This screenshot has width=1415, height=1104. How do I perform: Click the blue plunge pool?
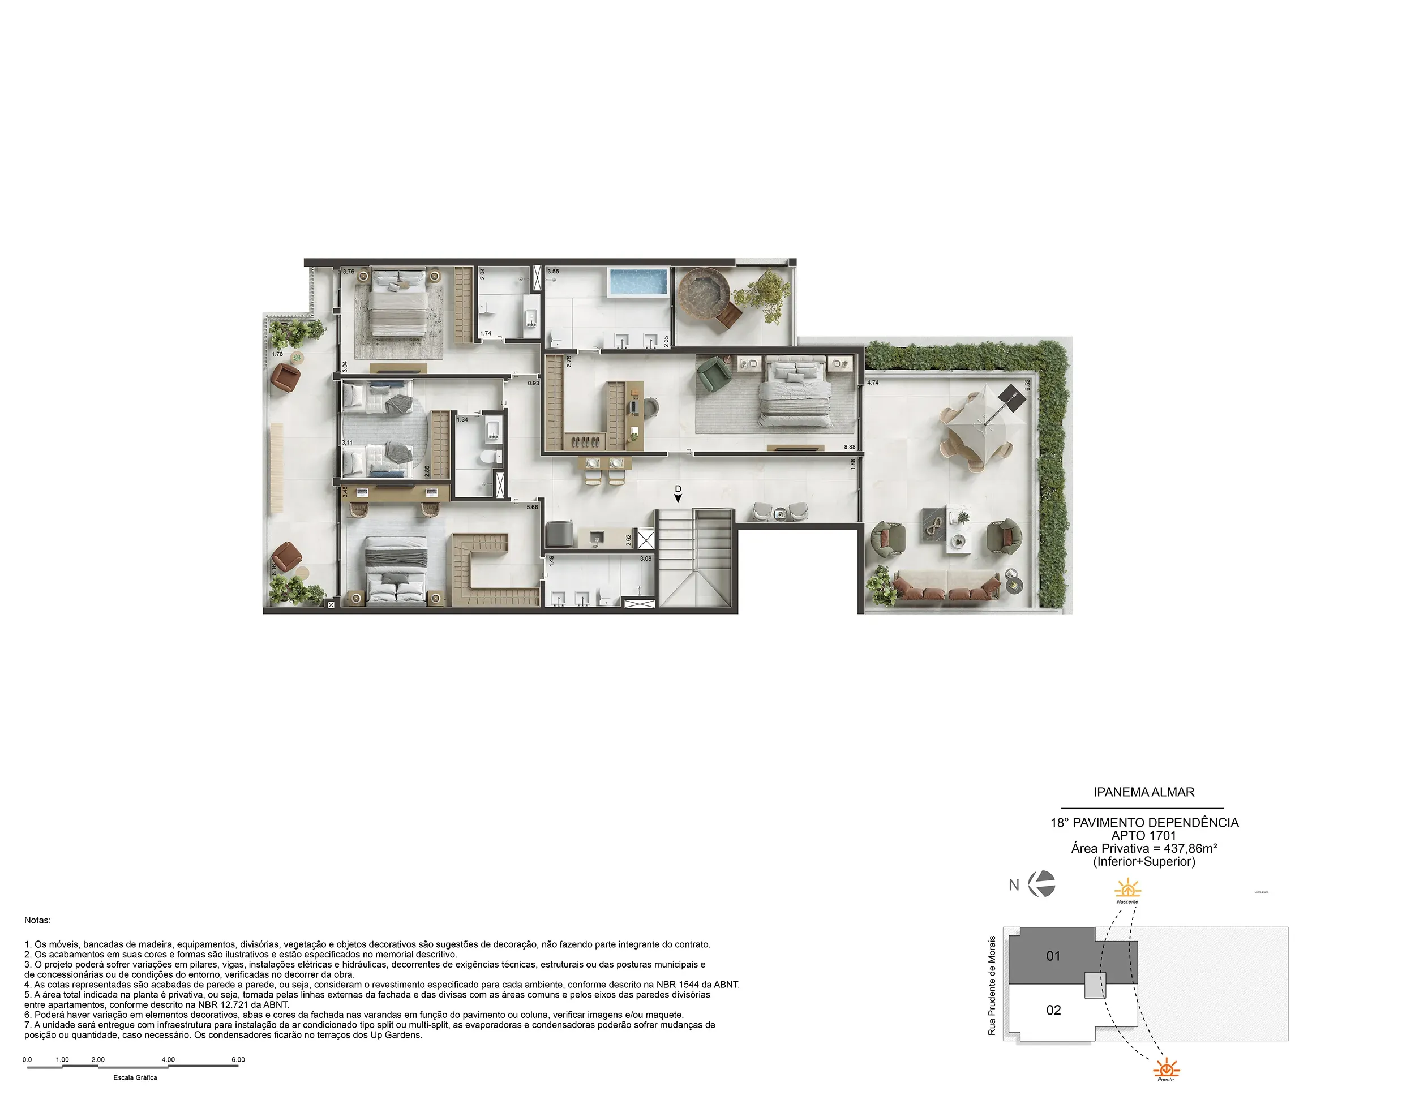[637, 282]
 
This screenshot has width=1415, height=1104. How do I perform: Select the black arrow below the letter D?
[678, 498]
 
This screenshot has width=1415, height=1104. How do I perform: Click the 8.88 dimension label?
[850, 447]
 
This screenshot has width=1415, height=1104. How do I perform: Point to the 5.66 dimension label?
[532, 506]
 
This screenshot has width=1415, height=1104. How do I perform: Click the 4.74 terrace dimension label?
[873, 383]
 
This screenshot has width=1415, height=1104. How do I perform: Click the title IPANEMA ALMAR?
[1143, 792]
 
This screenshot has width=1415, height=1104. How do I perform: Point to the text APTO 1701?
[1143, 836]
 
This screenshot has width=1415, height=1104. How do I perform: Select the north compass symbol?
[1042, 884]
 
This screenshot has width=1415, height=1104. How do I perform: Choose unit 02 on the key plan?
[1053, 1010]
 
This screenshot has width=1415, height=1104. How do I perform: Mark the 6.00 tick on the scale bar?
[238, 1060]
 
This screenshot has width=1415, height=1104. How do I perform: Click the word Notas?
[37, 920]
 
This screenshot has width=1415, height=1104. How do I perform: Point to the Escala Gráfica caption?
[135, 1077]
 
